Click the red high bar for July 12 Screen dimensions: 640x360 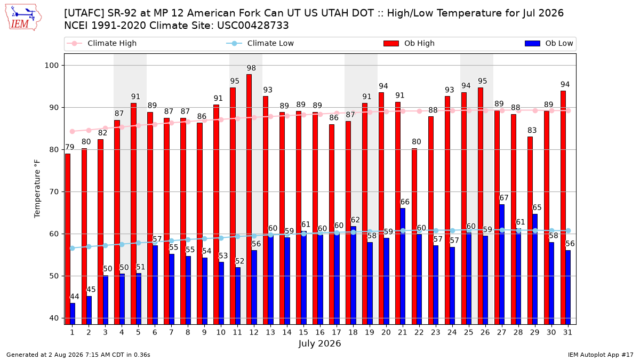tap(249, 199)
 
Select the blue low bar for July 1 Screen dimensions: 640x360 tap(73, 314)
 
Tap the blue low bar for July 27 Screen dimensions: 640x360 tap(502, 265)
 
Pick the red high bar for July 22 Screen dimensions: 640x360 tap(414, 236)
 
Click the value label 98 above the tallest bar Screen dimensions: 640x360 tap(251, 68)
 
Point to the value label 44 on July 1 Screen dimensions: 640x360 tap(75, 297)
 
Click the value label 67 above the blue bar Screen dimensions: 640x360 tap(503, 198)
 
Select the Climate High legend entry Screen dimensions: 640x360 tap(101, 43)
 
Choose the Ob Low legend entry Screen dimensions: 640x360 tap(549, 43)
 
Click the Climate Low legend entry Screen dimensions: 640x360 tap(260, 43)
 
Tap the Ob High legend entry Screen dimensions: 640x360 tap(409, 43)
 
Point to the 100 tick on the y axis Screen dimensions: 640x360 tap(51, 66)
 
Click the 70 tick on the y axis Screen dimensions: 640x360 tap(53, 191)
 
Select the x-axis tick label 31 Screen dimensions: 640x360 tap(567, 332)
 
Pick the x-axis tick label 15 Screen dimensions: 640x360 tap(303, 332)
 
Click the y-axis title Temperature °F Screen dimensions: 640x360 tap(37, 189)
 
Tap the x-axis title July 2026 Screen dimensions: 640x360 tap(319, 343)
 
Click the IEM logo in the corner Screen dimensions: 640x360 tap(23, 18)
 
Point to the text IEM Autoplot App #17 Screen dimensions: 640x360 tap(601, 355)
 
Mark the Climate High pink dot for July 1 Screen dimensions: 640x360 tap(73, 131)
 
